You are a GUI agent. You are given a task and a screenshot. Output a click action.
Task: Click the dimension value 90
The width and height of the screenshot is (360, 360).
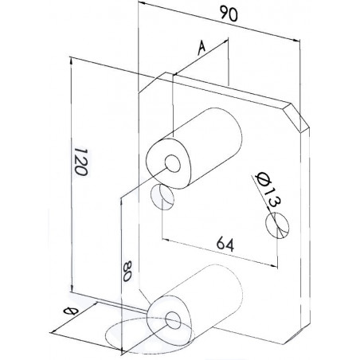229,14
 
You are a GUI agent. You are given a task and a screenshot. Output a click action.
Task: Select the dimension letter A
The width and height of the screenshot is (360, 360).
202,48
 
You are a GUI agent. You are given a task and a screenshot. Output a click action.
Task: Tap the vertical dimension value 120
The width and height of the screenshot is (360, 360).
80,162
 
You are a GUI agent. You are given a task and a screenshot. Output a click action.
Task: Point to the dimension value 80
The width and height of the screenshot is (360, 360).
127,271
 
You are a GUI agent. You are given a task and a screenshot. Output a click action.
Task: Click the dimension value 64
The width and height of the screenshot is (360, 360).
225,245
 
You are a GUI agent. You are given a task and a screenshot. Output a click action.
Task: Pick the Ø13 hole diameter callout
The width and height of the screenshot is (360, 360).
268,190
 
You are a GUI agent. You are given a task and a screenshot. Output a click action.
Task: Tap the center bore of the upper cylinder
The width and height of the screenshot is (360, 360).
173,162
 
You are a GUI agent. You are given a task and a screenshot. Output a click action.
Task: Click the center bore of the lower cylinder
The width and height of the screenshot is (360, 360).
173,319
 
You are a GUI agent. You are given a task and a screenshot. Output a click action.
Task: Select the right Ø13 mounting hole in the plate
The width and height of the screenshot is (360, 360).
278,225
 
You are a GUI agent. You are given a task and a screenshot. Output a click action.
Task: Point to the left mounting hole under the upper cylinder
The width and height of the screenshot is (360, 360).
162,197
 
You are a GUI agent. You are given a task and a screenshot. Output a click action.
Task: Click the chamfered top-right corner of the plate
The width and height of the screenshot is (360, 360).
297,117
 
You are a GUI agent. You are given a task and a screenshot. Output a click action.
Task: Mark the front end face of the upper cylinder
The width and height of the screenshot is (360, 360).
169,163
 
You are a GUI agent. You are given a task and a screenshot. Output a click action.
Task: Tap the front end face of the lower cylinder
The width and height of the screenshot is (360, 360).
169,320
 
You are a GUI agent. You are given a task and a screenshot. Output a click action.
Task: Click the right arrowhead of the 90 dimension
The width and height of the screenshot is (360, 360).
296,40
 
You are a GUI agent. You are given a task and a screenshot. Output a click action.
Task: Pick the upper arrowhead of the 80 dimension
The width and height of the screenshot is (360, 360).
121,202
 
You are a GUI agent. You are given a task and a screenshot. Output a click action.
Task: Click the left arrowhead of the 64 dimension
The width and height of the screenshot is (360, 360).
166,240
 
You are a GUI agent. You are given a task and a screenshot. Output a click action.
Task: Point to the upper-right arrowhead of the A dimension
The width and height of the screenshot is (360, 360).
225,41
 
